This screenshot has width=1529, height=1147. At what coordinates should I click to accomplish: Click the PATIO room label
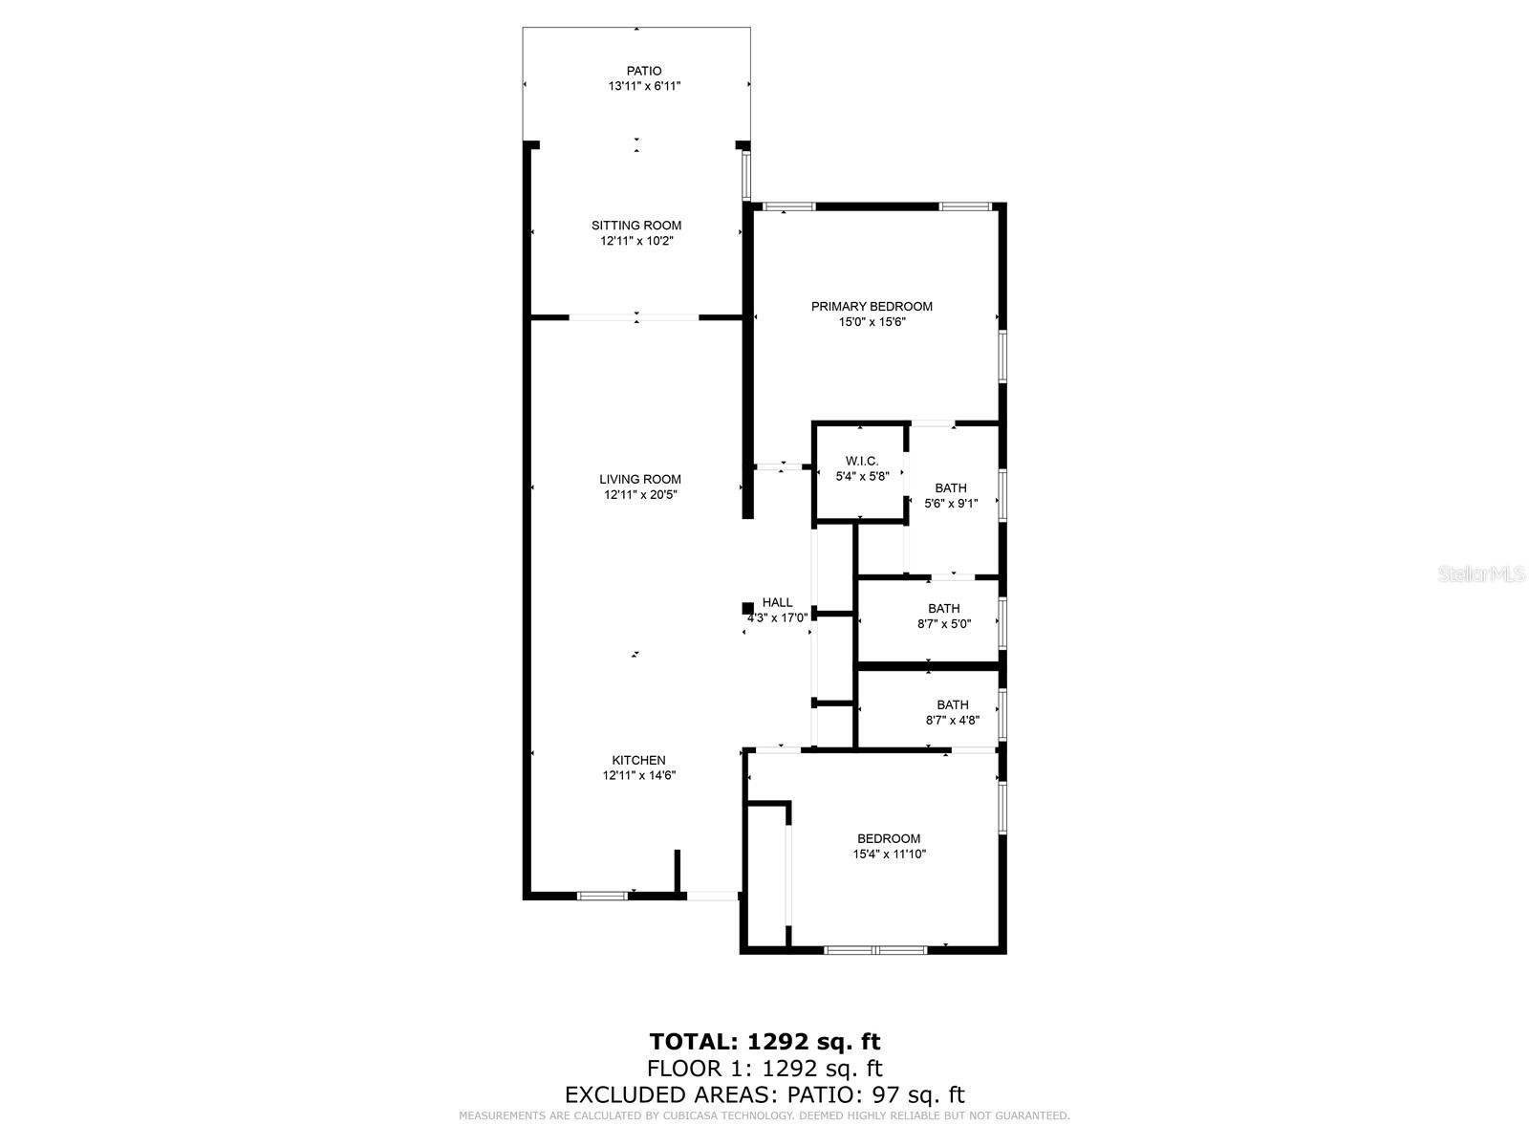click(643, 71)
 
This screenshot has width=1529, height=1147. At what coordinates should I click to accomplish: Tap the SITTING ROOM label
click(636, 226)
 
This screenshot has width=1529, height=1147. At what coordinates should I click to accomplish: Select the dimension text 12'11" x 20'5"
click(639, 495)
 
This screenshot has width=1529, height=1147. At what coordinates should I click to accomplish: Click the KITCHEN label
click(638, 760)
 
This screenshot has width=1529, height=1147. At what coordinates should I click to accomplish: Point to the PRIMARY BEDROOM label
click(872, 307)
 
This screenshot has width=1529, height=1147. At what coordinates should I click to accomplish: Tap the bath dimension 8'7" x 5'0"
click(943, 624)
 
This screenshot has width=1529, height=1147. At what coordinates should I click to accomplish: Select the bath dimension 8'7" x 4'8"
click(952, 721)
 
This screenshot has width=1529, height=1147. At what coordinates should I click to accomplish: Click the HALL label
click(777, 602)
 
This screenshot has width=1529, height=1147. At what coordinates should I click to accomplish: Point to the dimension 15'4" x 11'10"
click(889, 855)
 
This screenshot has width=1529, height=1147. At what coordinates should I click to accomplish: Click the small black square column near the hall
click(747, 608)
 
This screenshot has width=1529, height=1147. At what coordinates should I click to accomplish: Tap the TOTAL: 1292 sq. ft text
click(764, 1041)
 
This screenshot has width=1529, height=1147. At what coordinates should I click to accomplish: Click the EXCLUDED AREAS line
click(764, 1094)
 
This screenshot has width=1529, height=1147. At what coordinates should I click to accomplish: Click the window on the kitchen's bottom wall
click(602, 896)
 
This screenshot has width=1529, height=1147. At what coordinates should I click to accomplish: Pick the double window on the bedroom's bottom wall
click(875, 950)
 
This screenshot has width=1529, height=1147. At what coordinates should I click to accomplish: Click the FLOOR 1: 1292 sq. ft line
click(764, 1068)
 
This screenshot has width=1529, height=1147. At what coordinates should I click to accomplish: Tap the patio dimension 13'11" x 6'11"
click(644, 86)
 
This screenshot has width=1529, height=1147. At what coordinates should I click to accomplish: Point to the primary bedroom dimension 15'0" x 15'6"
click(872, 322)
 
